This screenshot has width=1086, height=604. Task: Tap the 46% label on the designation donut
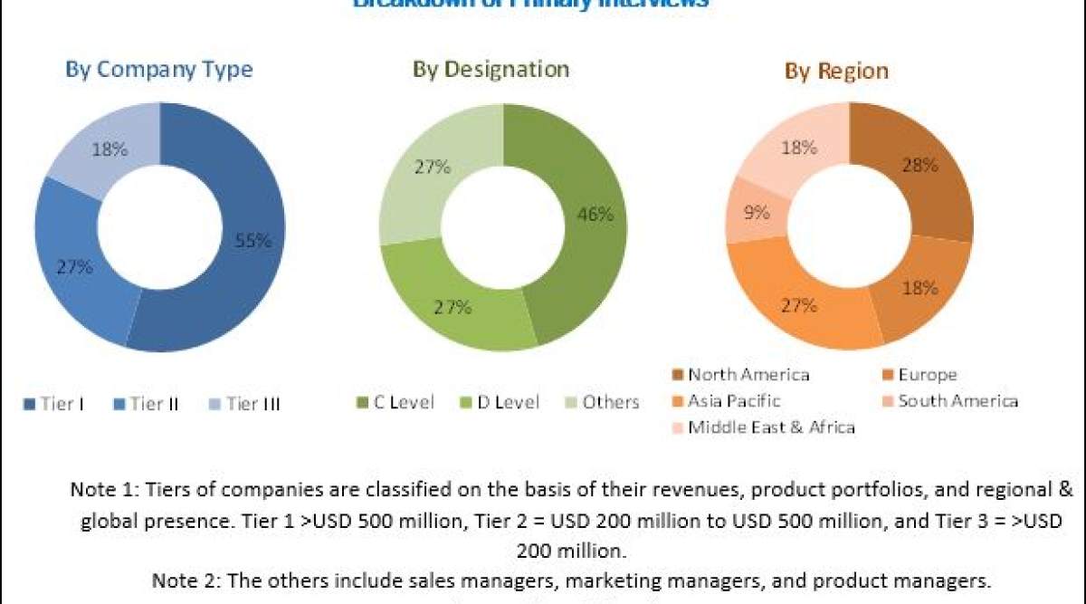click(x=595, y=215)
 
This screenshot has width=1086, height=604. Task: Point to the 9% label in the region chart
click(x=757, y=214)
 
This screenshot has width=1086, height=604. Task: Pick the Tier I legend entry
click(x=54, y=404)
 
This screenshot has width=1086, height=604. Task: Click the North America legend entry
click(x=740, y=375)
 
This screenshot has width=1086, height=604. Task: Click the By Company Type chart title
click(x=159, y=70)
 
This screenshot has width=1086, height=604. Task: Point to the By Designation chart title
click(x=491, y=70)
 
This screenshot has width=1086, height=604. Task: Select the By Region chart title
click(x=836, y=71)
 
